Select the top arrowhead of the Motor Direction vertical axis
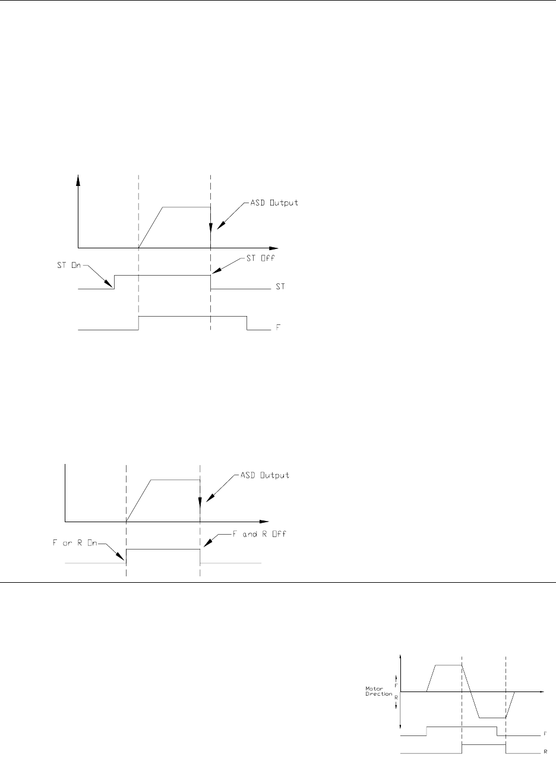[x=402, y=655]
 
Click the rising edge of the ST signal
[x=115, y=282]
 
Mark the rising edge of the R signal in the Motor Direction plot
[x=462, y=749]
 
